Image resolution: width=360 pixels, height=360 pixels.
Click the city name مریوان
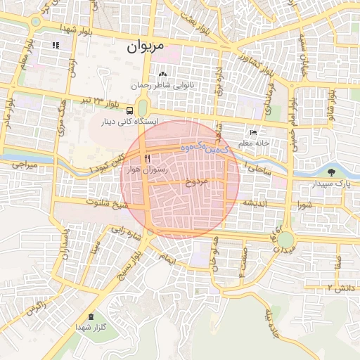[146, 48]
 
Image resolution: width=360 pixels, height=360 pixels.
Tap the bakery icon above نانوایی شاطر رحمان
[164, 74]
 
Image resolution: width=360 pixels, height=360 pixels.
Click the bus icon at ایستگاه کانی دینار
[129, 110]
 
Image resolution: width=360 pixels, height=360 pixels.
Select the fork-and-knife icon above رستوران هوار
[148, 158]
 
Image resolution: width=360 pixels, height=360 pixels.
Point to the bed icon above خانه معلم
[254, 132]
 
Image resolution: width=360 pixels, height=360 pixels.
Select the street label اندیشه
[257, 203]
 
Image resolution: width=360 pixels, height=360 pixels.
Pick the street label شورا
[304, 205]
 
